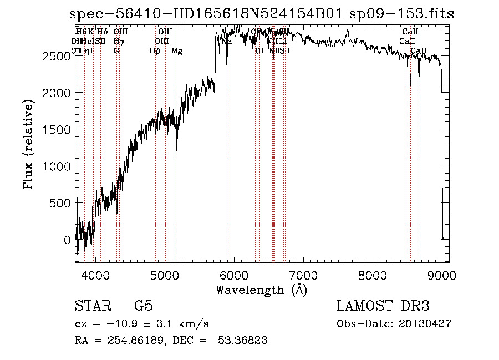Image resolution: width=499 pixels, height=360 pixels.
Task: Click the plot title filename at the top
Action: point(261,15)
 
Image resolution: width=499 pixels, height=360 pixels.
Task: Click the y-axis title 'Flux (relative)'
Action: point(28,144)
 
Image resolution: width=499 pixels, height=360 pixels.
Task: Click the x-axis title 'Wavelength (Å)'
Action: point(261,290)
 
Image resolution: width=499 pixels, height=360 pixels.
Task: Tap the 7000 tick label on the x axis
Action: point(303,275)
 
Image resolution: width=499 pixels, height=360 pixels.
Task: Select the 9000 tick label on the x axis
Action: point(442,275)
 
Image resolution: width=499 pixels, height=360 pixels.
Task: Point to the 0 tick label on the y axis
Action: point(67,240)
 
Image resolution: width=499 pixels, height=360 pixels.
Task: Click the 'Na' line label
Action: point(226,42)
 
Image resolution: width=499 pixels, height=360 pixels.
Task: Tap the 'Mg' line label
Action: point(177,51)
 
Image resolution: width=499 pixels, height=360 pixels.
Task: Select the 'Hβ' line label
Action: point(155,51)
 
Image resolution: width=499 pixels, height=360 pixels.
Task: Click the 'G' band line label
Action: point(116,51)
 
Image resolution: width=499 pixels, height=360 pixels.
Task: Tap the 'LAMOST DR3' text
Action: point(383,306)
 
